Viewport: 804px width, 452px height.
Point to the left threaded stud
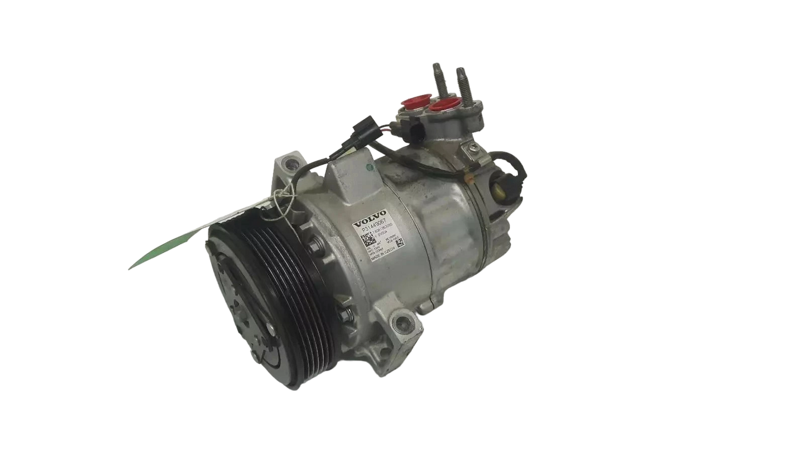[436, 76]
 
